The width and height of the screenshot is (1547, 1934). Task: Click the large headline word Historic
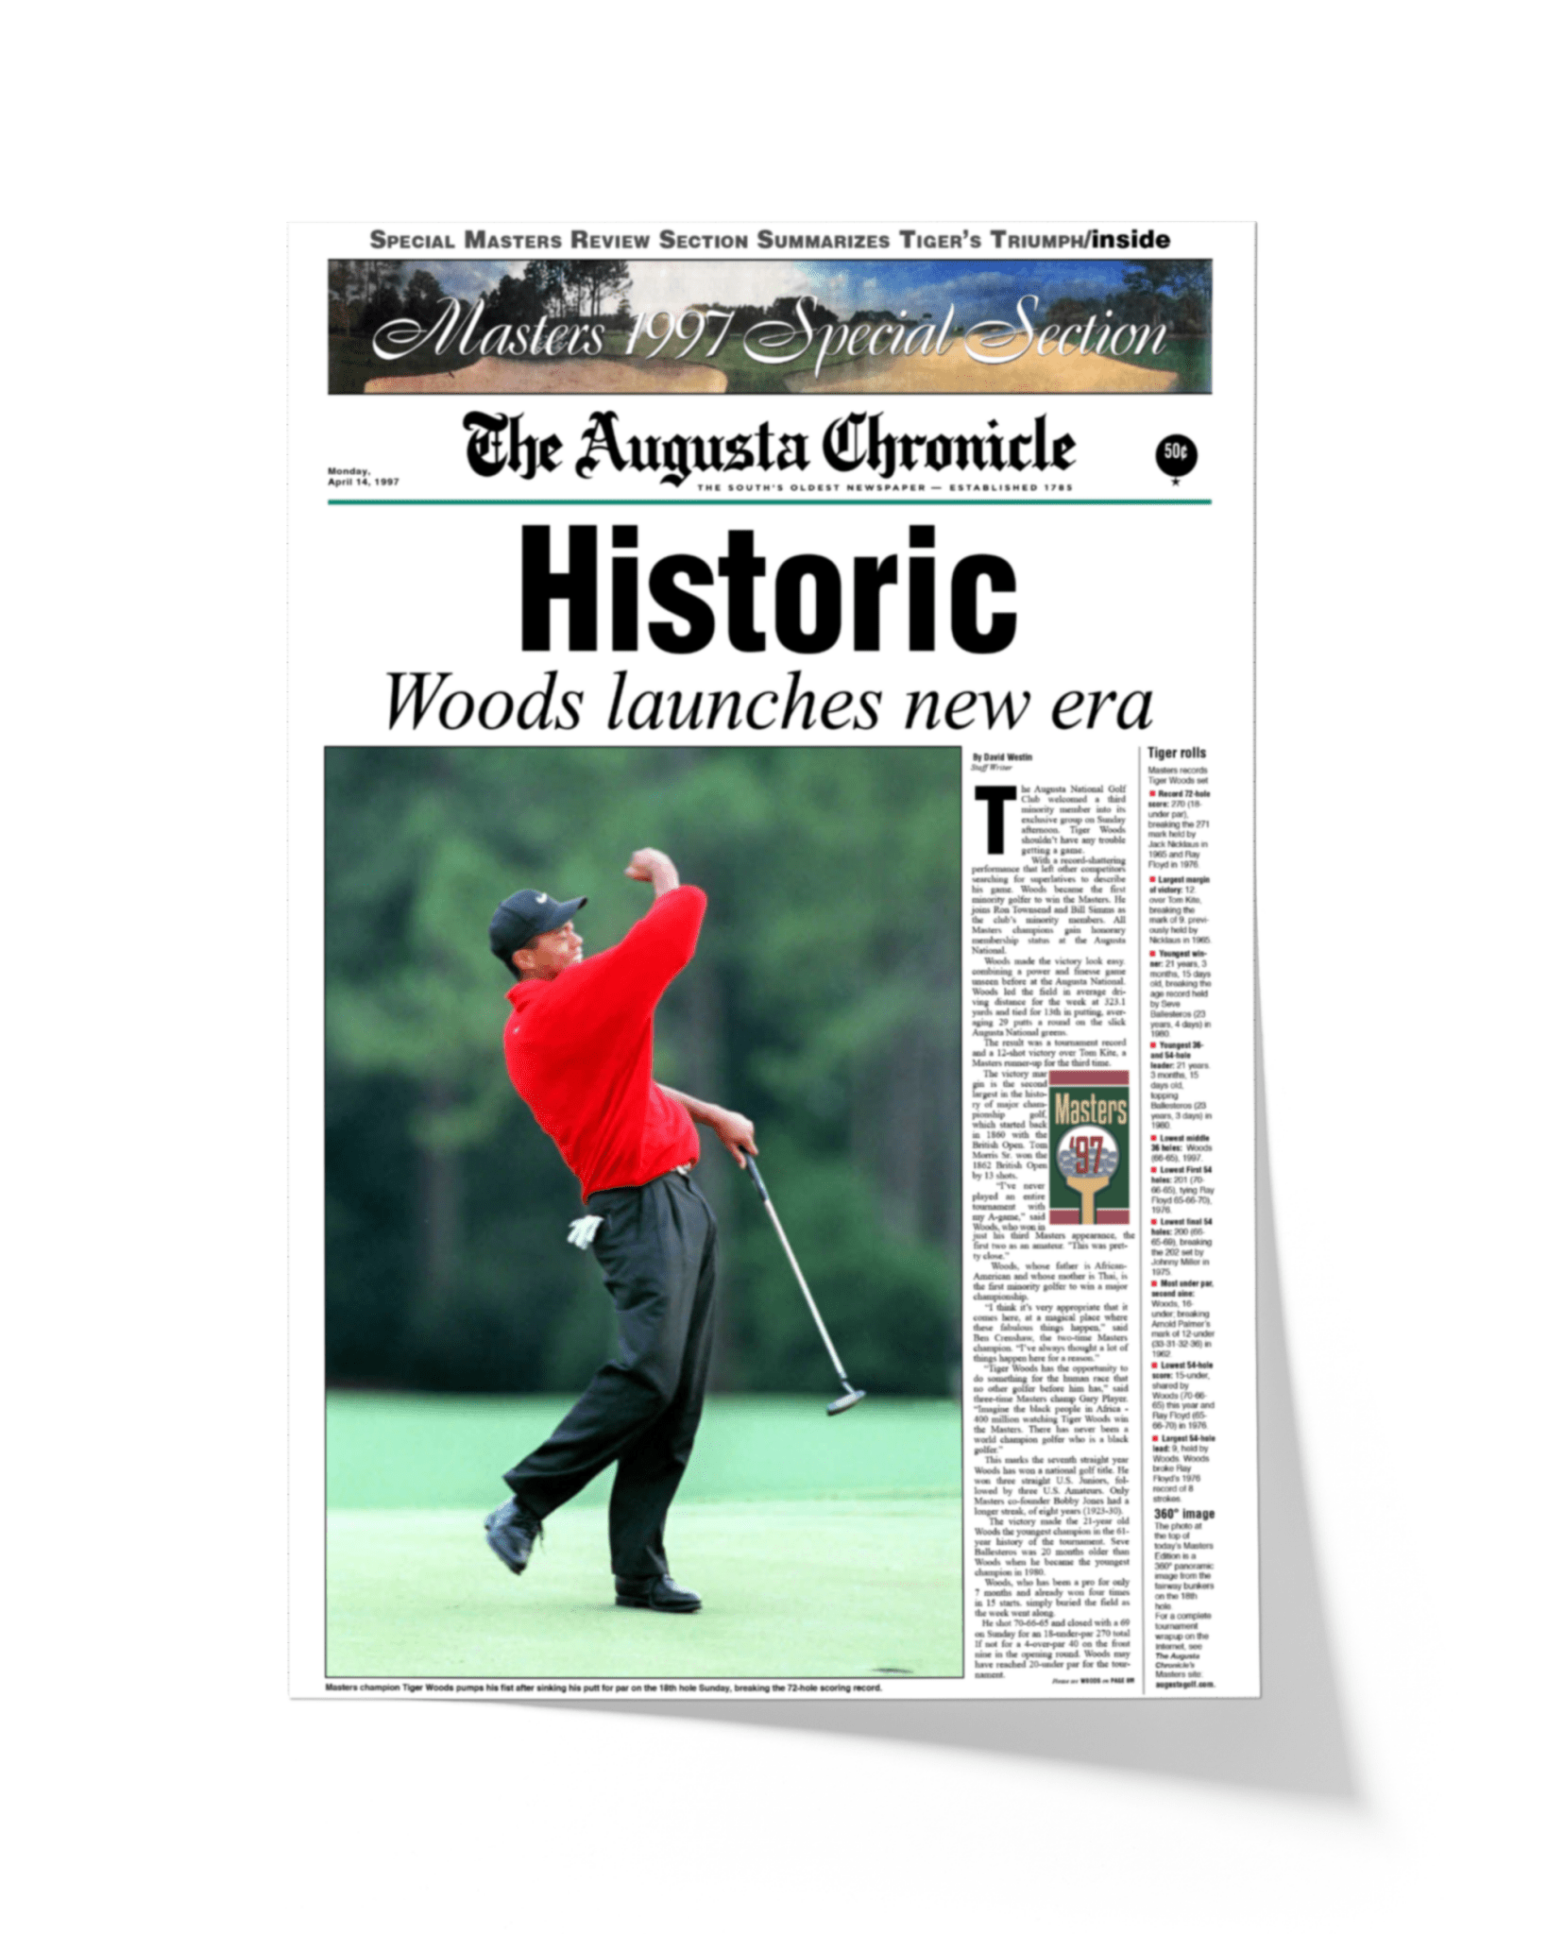[x=768, y=589]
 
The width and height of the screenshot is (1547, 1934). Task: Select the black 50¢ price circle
[x=1176, y=454]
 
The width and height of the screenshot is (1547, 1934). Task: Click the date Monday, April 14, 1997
[x=363, y=477]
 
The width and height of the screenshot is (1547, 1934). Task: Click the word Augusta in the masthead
[x=695, y=448]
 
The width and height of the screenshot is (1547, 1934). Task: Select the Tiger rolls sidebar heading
[x=1176, y=753]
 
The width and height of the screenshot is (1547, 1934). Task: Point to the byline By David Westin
[x=1002, y=757]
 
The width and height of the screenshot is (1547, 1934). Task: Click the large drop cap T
[x=994, y=820]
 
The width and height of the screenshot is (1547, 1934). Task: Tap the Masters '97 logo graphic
[x=1090, y=1145]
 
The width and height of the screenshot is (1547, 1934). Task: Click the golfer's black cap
[x=531, y=916]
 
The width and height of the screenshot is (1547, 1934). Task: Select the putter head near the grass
[x=845, y=1403]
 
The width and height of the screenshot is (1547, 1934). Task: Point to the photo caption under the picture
[x=603, y=1688]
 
